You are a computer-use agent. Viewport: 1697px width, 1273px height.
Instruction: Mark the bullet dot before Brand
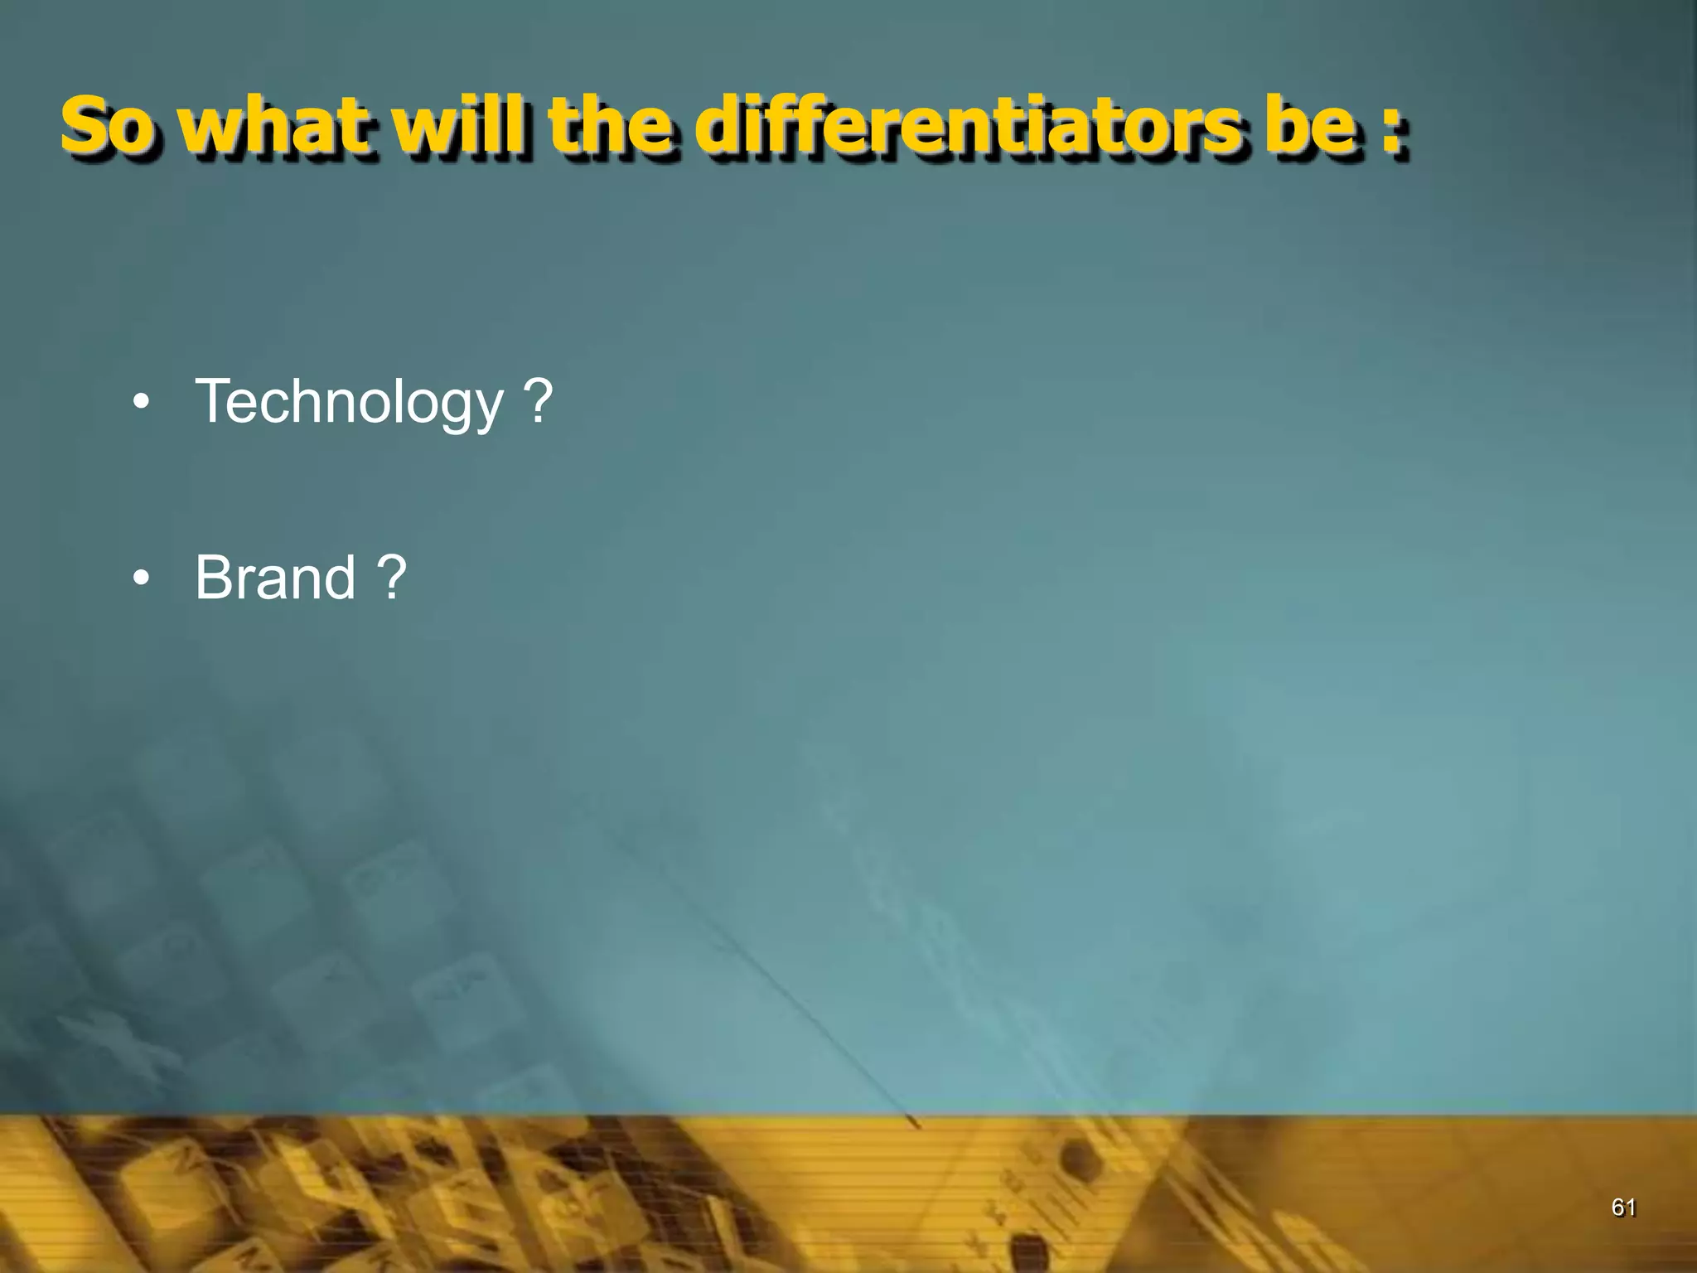click(141, 578)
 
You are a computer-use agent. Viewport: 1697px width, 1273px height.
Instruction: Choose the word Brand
click(275, 577)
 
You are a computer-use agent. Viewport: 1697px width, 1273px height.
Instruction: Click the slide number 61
click(1623, 1208)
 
